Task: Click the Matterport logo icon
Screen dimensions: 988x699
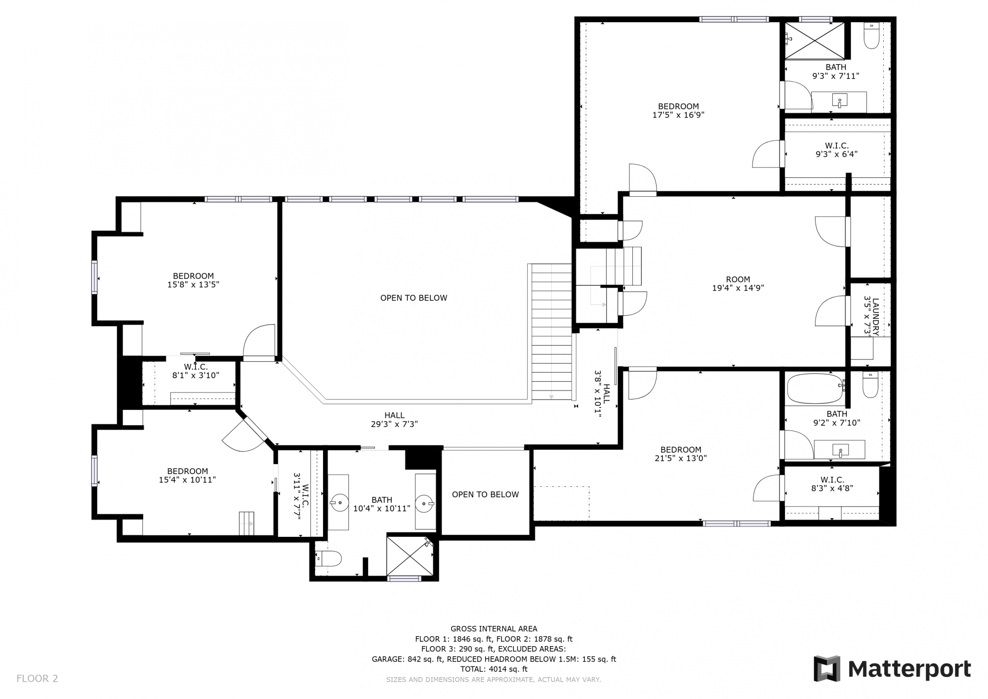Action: point(827,669)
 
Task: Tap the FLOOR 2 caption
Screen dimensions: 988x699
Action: point(37,678)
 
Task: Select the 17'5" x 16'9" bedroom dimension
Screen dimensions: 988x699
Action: point(678,115)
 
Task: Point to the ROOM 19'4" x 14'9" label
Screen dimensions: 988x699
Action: point(738,283)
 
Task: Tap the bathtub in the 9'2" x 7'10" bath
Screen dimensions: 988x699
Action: point(815,389)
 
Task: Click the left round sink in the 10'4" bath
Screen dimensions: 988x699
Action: point(338,502)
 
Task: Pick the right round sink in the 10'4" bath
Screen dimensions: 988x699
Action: point(424,504)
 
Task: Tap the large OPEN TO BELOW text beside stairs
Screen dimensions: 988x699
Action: point(413,298)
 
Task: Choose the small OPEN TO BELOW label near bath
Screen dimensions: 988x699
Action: point(485,494)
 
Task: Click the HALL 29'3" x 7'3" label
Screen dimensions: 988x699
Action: point(394,420)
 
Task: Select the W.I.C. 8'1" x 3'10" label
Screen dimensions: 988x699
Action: point(196,371)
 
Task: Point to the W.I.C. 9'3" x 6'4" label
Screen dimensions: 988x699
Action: point(836,150)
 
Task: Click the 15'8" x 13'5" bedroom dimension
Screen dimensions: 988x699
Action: point(193,285)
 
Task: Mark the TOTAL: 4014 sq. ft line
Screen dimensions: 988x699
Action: point(494,669)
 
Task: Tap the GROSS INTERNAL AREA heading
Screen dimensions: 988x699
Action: point(494,629)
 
